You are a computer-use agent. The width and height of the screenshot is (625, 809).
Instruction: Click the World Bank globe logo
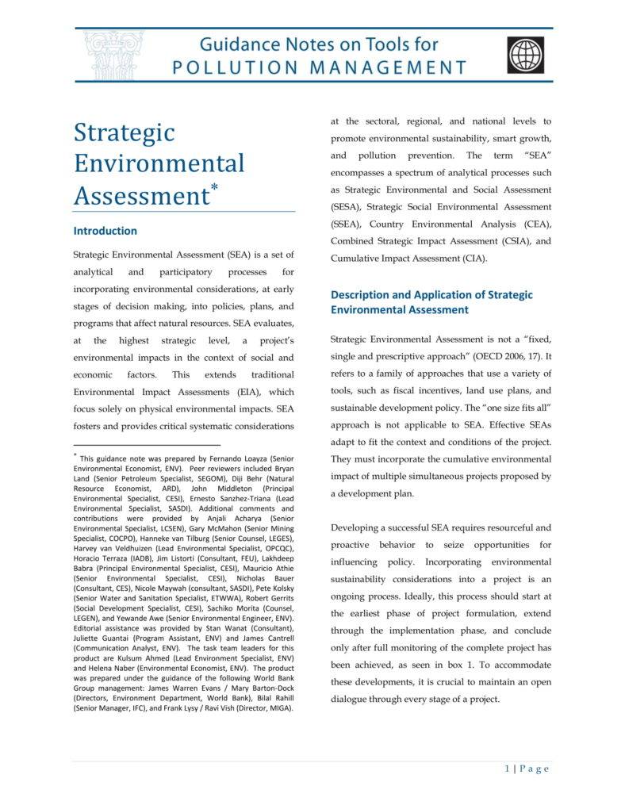click(526, 55)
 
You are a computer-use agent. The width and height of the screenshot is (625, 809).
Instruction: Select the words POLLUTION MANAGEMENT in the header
click(320, 67)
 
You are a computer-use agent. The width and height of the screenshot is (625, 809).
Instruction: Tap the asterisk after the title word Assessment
click(213, 189)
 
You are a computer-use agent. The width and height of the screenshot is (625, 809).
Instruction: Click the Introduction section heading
click(105, 231)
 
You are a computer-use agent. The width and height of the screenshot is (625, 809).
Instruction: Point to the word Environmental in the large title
click(159, 163)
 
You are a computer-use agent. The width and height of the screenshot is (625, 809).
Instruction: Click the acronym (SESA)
click(347, 207)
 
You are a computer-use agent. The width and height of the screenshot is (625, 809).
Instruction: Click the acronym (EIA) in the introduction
click(247, 392)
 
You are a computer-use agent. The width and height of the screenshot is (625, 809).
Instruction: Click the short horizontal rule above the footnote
click(147, 446)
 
